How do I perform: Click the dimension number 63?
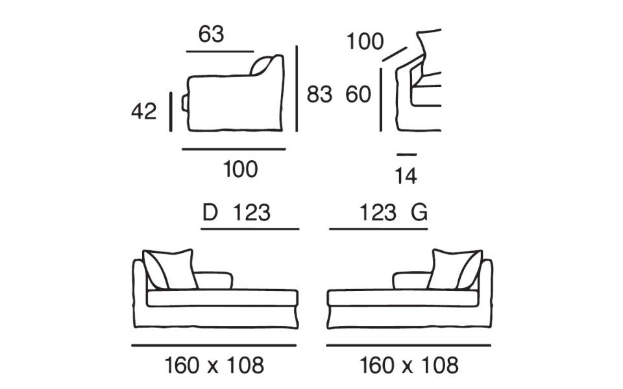pyautogui.click(x=211, y=34)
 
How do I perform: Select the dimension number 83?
pyautogui.click(x=319, y=95)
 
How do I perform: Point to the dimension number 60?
pyautogui.click(x=358, y=95)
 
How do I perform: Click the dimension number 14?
pyautogui.click(x=406, y=176)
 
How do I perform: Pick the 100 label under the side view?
pyautogui.click(x=240, y=169)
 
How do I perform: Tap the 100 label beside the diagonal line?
pyautogui.click(x=365, y=41)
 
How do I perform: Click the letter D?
pyautogui.click(x=210, y=213)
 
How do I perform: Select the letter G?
pyautogui.click(x=419, y=213)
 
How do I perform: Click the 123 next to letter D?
pyautogui.click(x=251, y=213)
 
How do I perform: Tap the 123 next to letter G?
pyautogui.click(x=378, y=213)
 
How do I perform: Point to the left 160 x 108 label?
pyautogui.click(x=214, y=365)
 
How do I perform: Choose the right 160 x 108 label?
pyautogui.click(x=409, y=365)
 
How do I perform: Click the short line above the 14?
pyautogui.click(x=406, y=154)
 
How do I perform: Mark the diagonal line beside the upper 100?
pyautogui.click(x=395, y=54)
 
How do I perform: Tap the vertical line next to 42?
pyautogui.click(x=171, y=112)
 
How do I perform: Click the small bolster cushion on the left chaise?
pyautogui.click(x=214, y=280)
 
